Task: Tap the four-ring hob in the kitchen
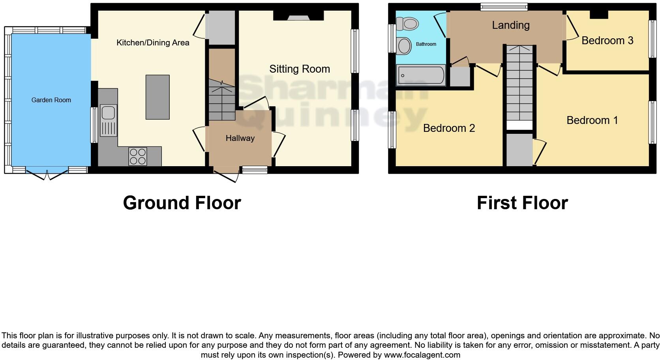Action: coord(138,156)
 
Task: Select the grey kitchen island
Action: coord(157,97)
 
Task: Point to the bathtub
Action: coord(421,75)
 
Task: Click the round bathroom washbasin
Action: coord(405,46)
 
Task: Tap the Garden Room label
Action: coord(51,100)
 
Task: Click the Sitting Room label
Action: coord(300,69)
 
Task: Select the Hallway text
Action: coord(240,138)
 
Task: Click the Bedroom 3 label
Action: coord(607,41)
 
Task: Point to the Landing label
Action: coord(510,25)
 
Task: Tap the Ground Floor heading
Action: coord(182,203)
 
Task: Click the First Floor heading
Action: coord(522,203)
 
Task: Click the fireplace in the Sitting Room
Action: coord(299,16)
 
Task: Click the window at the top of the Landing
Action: coord(504,6)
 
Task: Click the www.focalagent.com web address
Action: coord(422,355)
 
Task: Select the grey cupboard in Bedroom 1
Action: coord(519,150)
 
